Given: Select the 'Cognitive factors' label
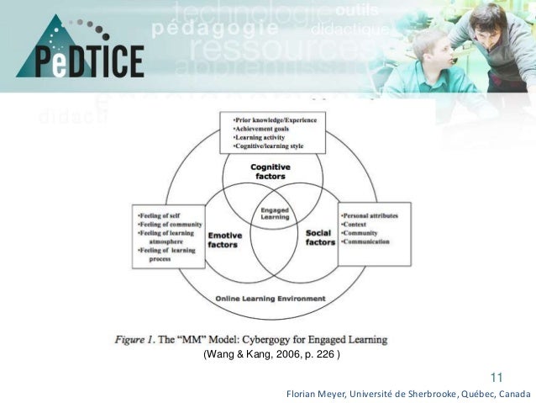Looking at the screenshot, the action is point(271,172).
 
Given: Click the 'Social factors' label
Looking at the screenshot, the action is point(320,237).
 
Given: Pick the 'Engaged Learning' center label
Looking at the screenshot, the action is point(275,214).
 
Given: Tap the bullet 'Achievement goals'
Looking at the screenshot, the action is point(261,128).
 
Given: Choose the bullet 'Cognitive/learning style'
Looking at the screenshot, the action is point(268,146).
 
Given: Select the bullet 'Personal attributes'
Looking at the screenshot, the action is point(370,215).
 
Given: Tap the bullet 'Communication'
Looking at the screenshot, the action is point(367,242).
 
